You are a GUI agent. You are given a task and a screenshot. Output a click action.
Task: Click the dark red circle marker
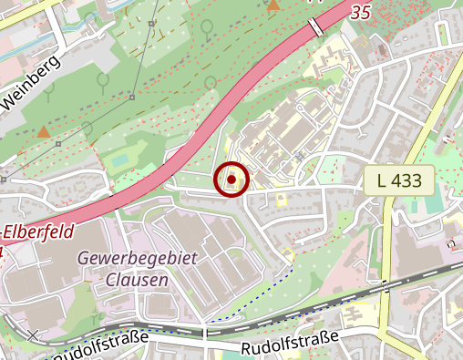pyautogui.click(x=231, y=180)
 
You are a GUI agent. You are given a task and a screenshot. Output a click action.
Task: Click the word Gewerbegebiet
pyautogui.click(x=137, y=259)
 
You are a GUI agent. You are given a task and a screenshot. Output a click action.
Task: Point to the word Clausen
pyautogui.click(x=137, y=280)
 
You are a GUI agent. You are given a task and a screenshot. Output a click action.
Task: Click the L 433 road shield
pyautogui.click(x=399, y=180)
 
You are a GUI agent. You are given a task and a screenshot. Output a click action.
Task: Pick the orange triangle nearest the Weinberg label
pyautogui.click(x=43, y=131)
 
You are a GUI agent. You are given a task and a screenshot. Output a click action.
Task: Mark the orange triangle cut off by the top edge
pyautogui.click(x=273, y=5)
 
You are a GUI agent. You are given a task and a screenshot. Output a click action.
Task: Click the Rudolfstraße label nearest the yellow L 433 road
pyautogui.click(x=290, y=344)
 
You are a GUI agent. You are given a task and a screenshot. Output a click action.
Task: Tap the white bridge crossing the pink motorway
pyautogui.click(x=315, y=27)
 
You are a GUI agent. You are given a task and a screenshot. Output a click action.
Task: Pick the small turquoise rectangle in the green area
pyautogui.click(x=120, y=161)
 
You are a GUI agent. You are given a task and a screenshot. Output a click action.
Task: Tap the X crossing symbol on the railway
pyautogui.click(x=34, y=335)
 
